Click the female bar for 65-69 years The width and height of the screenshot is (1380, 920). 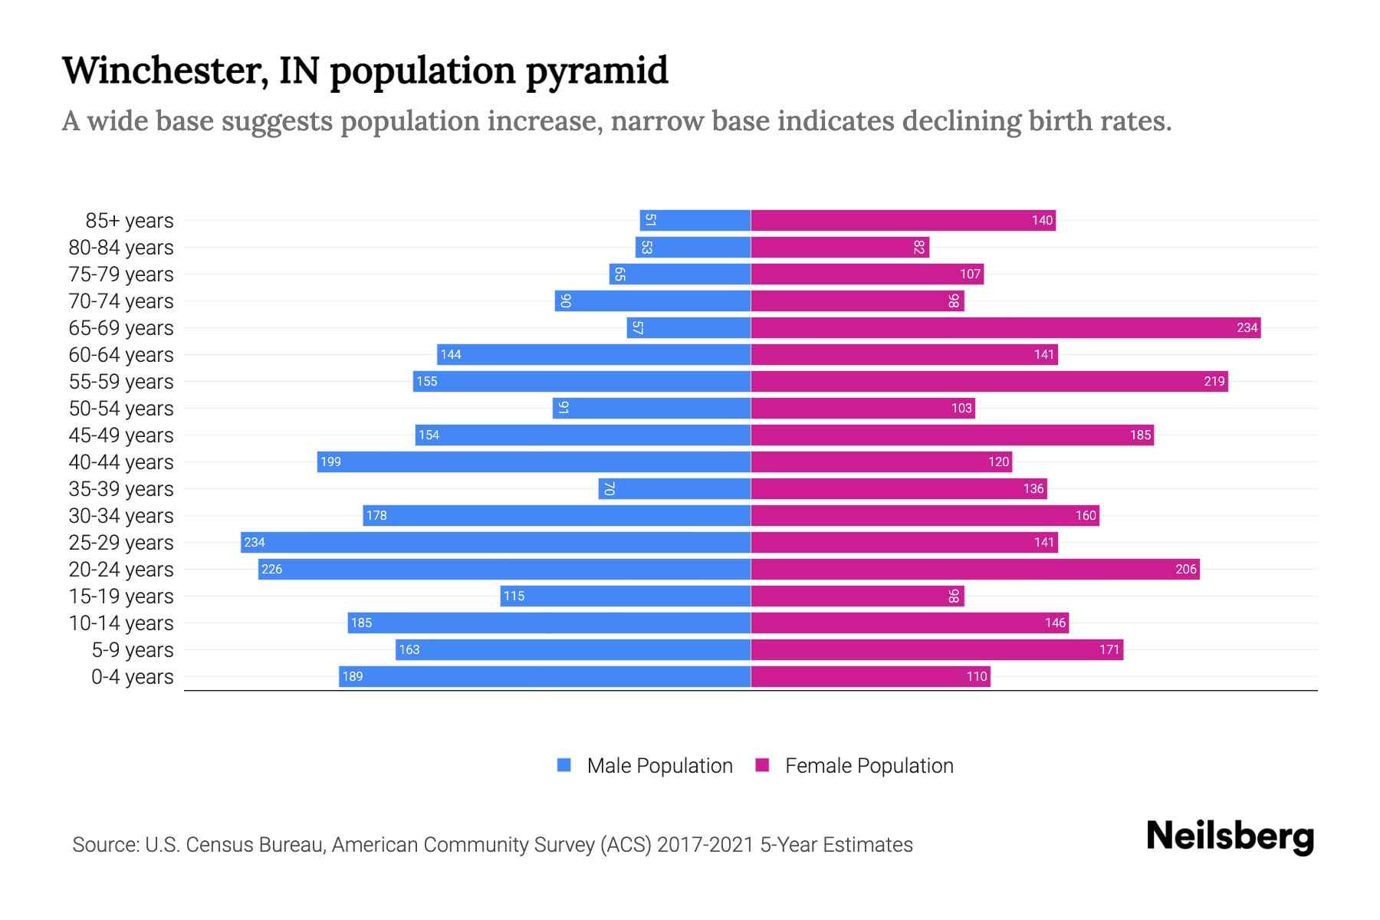tap(1004, 328)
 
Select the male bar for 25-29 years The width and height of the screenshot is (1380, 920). tap(495, 543)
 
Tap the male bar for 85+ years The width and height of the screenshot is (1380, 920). tap(695, 221)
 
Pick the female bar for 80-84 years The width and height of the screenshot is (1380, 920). tap(839, 248)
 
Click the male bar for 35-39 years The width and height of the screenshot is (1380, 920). tap(674, 489)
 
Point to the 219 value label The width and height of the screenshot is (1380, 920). tap(1214, 382)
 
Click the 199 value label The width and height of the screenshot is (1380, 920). tap(330, 462)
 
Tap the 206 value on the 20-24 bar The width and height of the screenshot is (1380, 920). tap(1185, 570)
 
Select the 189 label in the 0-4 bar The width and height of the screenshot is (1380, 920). tap(353, 677)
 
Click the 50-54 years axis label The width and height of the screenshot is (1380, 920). tap(121, 409)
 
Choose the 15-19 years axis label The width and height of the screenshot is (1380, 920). tap(121, 596)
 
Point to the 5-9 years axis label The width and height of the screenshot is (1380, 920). tap(133, 650)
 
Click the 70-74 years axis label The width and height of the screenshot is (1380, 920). tap(121, 301)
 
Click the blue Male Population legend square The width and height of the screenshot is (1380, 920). tap(564, 765)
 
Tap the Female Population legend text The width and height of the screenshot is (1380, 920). tap(869, 766)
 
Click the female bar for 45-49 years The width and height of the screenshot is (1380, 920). tap(951, 435)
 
